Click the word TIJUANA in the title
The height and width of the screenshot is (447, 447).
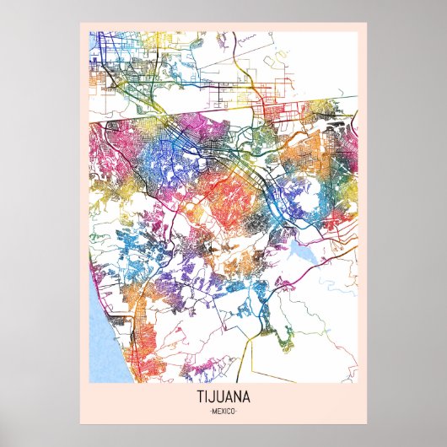point(223,396)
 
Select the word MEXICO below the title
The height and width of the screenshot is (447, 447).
point(223,410)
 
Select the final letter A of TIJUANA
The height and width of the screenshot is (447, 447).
point(245,396)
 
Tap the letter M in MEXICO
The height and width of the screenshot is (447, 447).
point(214,410)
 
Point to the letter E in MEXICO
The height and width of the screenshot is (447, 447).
point(218,410)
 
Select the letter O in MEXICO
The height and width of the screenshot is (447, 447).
point(233,410)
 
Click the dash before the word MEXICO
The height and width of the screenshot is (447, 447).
point(210,410)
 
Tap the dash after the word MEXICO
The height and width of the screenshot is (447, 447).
point(237,410)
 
